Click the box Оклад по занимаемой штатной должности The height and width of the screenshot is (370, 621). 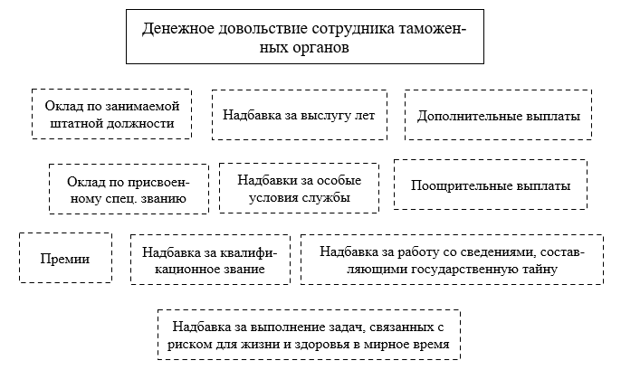111,114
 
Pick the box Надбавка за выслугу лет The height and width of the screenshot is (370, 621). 300,115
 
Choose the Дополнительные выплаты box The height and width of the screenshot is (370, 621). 498,115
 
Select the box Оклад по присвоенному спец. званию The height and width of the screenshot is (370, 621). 129,189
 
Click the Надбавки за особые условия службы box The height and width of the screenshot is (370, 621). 299,188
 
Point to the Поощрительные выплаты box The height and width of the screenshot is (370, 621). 491,185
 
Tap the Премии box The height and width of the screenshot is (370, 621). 65,258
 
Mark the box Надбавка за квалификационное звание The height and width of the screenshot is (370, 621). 210,260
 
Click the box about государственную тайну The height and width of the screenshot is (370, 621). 452,260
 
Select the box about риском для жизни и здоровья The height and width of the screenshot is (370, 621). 309,335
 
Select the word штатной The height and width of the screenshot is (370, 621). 73,123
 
